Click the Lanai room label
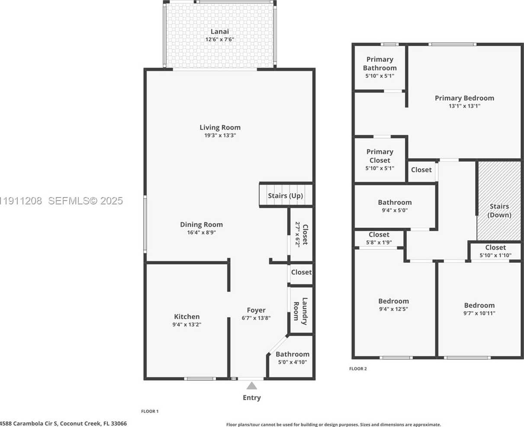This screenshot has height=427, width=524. (x=219, y=32)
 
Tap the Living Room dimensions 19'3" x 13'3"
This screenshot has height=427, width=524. (x=220, y=135)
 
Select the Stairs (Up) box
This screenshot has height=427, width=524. (x=285, y=196)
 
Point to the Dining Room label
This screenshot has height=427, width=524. (x=201, y=224)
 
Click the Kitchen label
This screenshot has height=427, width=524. (x=186, y=317)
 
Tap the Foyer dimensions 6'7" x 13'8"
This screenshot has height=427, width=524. (x=256, y=318)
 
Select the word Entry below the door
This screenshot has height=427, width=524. (x=251, y=398)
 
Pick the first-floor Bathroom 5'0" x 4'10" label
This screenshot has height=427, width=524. (x=293, y=354)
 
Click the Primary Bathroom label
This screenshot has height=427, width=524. (x=379, y=64)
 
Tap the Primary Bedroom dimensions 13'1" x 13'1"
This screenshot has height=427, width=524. (x=464, y=105)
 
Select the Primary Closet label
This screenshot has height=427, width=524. (x=379, y=156)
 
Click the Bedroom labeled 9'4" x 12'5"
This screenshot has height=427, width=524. (x=393, y=301)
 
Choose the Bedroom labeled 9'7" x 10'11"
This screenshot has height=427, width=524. (x=479, y=305)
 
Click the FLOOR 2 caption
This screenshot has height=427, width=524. (x=358, y=369)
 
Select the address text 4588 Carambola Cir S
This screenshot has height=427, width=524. (x=35, y=424)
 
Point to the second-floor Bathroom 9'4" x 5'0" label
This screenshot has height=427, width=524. (x=395, y=202)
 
